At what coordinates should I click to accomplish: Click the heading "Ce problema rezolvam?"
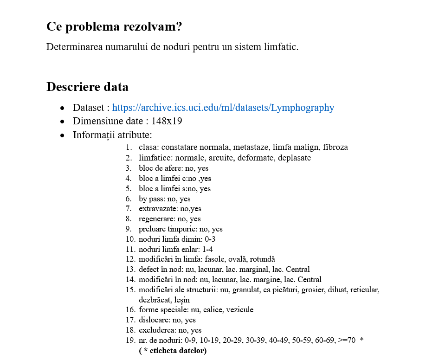(114, 27)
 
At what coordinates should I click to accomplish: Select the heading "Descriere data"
(87, 87)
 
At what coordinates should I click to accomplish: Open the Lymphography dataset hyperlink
(223, 108)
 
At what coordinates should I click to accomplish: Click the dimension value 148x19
(167, 121)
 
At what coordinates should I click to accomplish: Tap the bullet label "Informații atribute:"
(112, 135)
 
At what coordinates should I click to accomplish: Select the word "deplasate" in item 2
(294, 158)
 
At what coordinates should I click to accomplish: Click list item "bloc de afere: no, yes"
(174, 168)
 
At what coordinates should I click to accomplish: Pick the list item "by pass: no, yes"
(164, 199)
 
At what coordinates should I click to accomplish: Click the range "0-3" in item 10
(210, 239)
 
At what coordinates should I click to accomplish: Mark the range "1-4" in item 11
(208, 250)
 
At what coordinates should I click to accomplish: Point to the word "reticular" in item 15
(364, 290)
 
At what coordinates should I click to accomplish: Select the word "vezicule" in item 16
(239, 310)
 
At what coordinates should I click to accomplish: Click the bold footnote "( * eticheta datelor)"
(173, 351)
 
